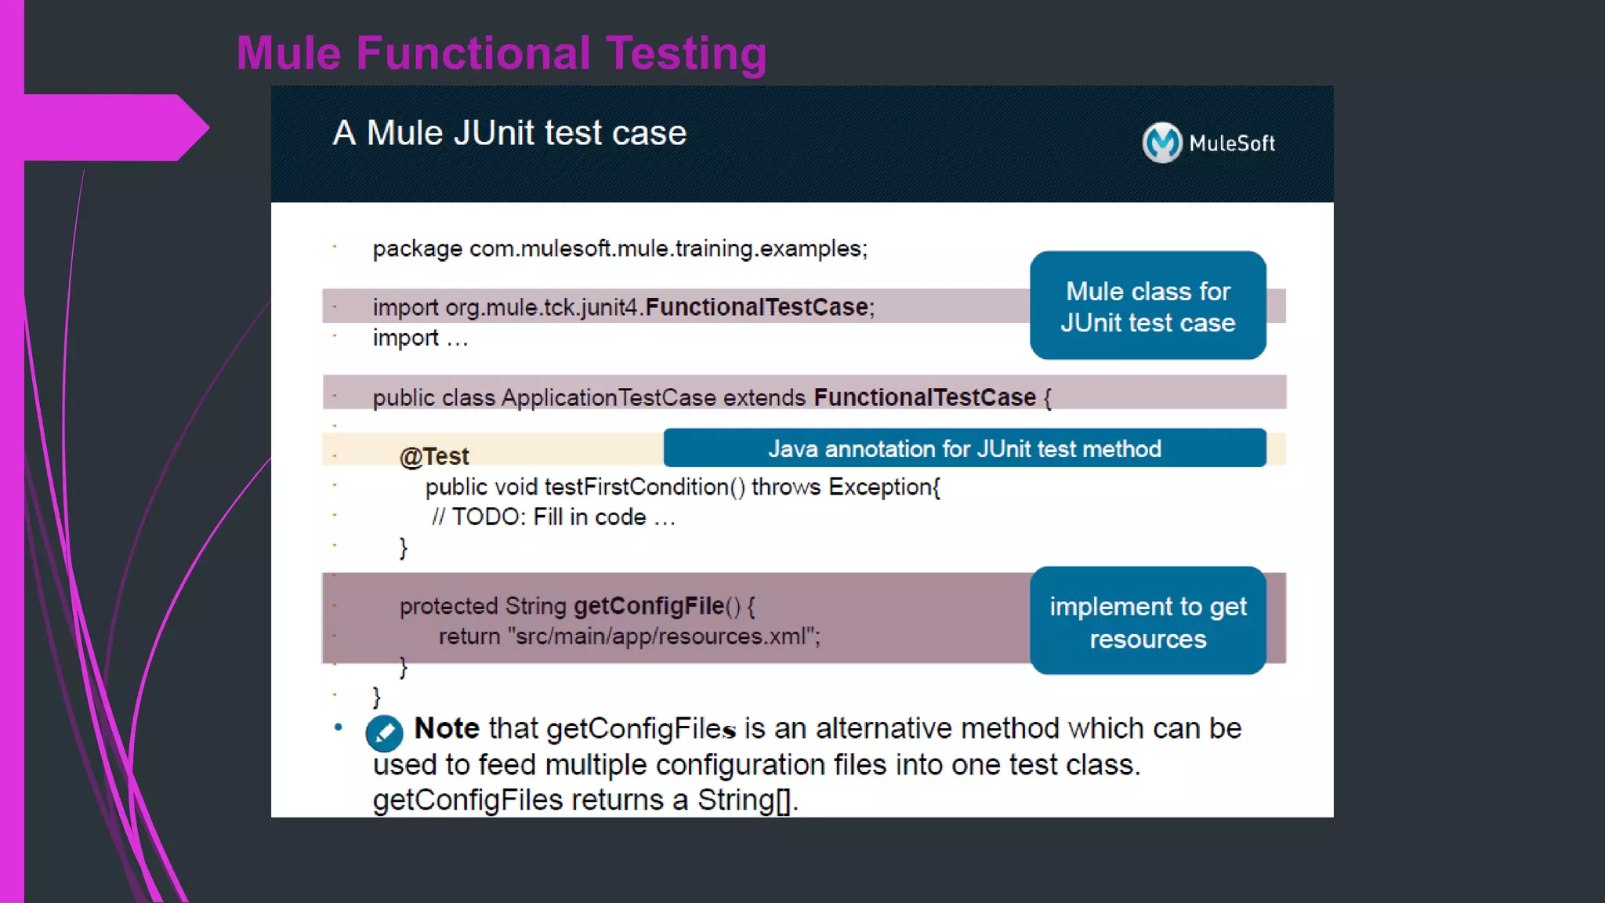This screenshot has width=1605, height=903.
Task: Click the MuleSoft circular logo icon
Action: pos(1161,143)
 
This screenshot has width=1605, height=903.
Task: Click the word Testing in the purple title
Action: pos(686,53)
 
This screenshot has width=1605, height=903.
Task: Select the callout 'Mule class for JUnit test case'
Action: pos(1147,306)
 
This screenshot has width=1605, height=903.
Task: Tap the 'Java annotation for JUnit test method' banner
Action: pos(964,448)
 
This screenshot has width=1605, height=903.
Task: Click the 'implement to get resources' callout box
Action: pos(1147,621)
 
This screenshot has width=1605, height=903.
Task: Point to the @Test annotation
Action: pos(434,456)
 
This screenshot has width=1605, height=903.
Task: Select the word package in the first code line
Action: pos(417,249)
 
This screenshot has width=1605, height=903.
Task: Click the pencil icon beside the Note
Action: pos(384,733)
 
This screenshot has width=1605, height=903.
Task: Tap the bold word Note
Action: pos(446,728)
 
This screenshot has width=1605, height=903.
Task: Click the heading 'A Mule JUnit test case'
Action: pos(509,133)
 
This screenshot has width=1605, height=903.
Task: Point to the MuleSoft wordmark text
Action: pos(1231,143)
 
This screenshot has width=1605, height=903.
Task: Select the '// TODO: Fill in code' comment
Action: pos(553,517)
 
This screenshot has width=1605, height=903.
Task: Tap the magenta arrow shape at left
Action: pos(110,127)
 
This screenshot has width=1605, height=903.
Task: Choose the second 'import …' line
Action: pos(420,339)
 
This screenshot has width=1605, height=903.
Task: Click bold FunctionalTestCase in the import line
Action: pos(756,307)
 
